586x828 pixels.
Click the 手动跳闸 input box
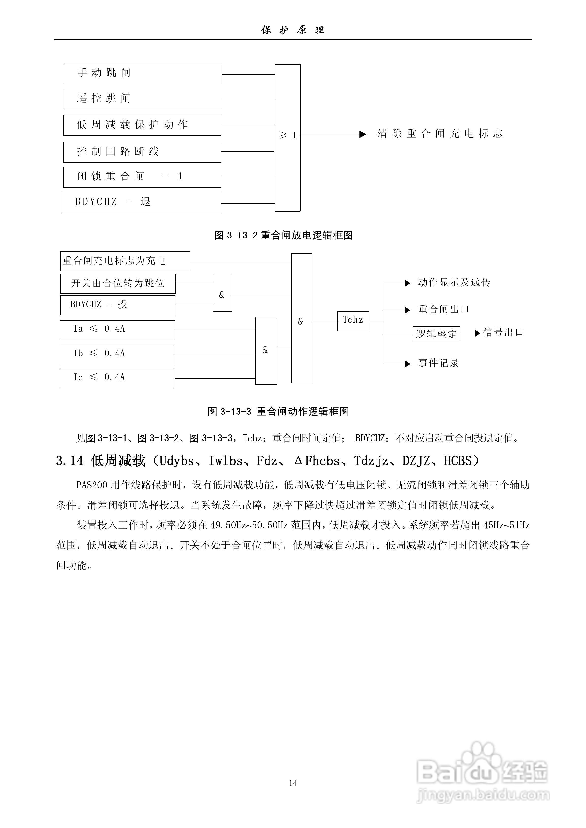click(x=143, y=73)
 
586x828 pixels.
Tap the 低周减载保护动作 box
click(x=142, y=125)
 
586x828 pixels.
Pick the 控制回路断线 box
click(x=142, y=152)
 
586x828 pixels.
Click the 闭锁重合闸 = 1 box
click(x=142, y=177)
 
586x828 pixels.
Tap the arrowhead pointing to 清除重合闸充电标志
click(x=363, y=134)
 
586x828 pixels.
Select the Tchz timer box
click(x=353, y=321)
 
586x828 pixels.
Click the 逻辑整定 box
click(x=436, y=334)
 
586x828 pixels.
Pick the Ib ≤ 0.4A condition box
click(x=117, y=354)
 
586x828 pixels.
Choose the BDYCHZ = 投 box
click(x=118, y=305)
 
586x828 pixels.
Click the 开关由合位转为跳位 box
click(x=118, y=283)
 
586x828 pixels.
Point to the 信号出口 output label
click(x=503, y=332)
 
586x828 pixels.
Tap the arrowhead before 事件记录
click(x=407, y=364)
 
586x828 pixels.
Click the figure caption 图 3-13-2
click(x=284, y=236)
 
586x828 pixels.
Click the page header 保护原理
click(x=293, y=30)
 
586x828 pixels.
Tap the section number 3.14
click(x=69, y=461)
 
